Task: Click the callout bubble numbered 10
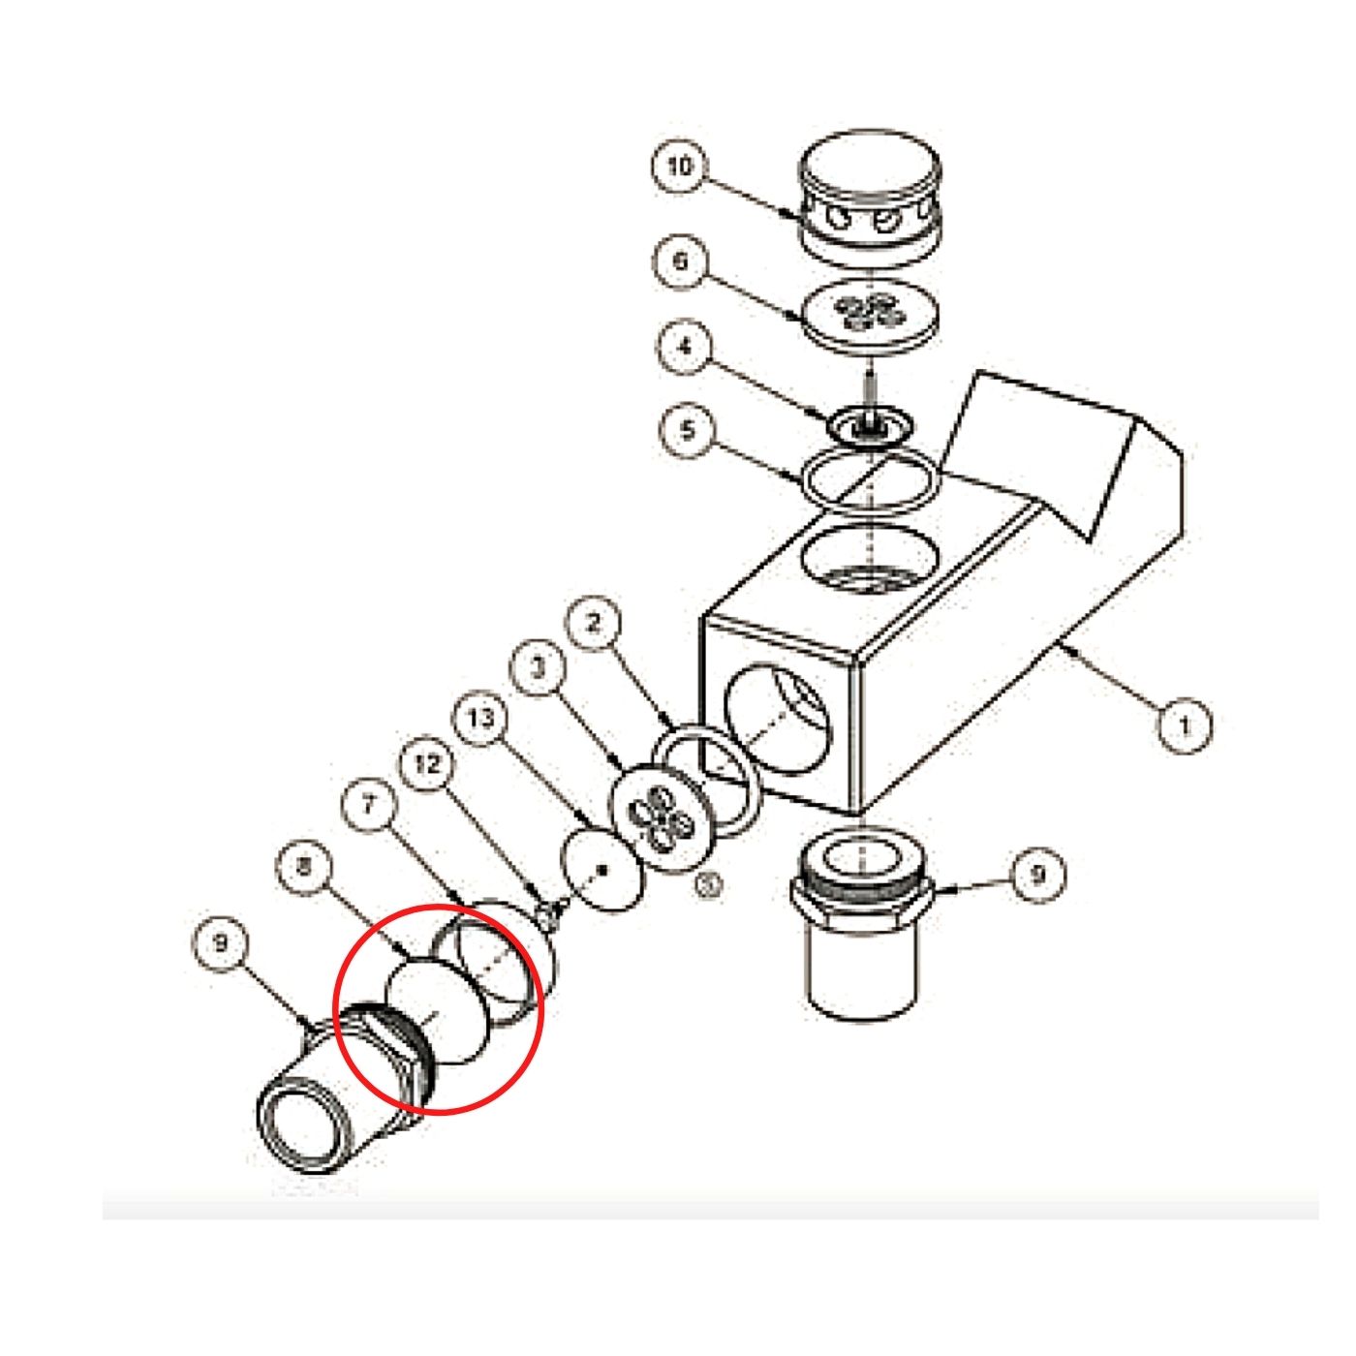click(x=680, y=167)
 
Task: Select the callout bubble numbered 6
click(x=680, y=262)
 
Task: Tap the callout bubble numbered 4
click(x=686, y=348)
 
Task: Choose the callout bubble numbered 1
click(x=1185, y=724)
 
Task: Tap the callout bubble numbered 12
click(x=426, y=763)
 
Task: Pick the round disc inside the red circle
click(x=436, y=1012)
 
